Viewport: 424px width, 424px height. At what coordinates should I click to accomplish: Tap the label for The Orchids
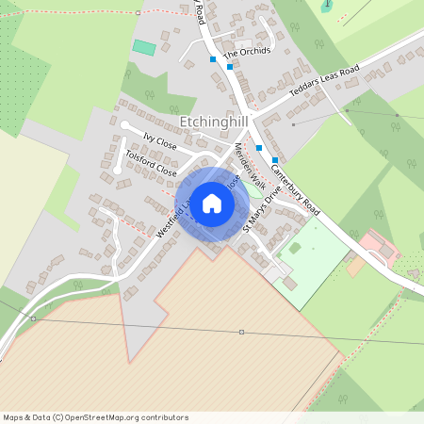pyautogui.click(x=246, y=51)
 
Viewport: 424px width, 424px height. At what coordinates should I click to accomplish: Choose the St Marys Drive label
pyautogui.click(x=262, y=214)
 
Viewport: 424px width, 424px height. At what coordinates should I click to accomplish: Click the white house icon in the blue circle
pyautogui.click(x=212, y=204)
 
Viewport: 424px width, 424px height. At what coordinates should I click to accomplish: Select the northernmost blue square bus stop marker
pyautogui.click(x=214, y=59)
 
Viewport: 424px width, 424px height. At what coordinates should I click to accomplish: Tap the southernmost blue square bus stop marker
pyautogui.click(x=275, y=160)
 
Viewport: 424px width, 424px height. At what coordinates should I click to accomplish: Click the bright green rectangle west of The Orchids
pyautogui.click(x=144, y=47)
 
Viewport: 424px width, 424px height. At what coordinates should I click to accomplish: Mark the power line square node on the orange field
pyautogui.click(x=242, y=332)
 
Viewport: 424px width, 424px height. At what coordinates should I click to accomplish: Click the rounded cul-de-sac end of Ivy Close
pyautogui.click(x=124, y=124)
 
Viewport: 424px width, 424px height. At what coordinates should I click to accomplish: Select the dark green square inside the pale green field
pyautogui.click(x=295, y=249)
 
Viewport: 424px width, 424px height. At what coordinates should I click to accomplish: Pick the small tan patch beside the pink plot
pyautogui.click(x=355, y=267)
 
